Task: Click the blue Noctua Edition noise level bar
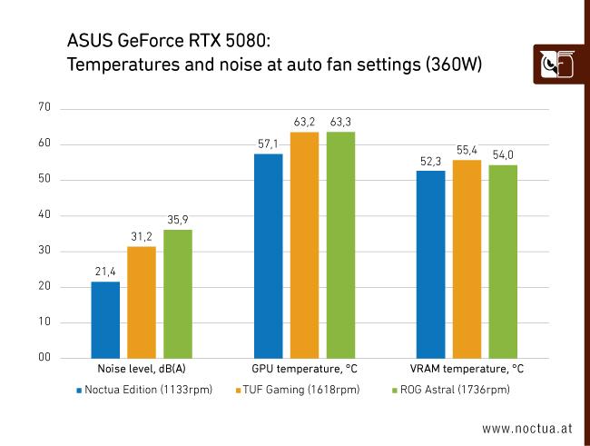pos(105,320)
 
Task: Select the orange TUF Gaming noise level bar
pos(142,302)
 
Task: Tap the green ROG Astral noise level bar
pos(178,294)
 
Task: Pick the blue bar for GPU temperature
pos(268,256)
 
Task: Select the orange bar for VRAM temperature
pos(467,259)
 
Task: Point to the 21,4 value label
pos(105,272)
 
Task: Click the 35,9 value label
pos(178,220)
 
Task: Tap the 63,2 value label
pos(304,122)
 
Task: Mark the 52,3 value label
pos(430,161)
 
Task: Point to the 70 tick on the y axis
pos(44,108)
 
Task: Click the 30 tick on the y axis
pos(44,251)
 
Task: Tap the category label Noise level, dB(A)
pos(142,371)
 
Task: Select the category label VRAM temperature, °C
pos(467,371)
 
